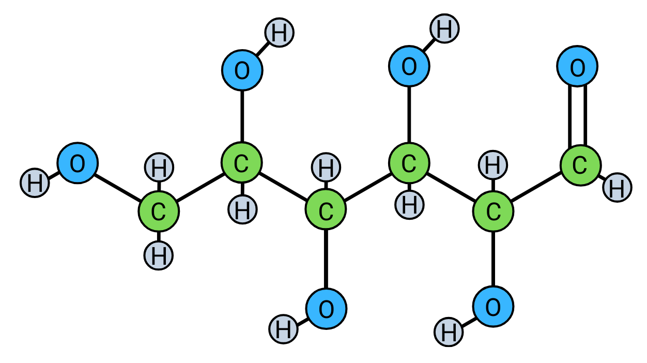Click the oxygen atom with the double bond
point(577,67)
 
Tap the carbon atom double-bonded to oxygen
point(580,165)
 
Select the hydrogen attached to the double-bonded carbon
point(617,188)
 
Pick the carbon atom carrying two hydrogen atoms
point(159,211)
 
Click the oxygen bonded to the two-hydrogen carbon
point(77,163)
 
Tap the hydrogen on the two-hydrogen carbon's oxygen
point(35,183)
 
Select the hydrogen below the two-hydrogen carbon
point(159,255)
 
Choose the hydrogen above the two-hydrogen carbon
point(159,168)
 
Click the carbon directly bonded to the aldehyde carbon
point(493,211)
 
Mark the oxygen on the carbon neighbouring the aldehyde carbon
point(493,307)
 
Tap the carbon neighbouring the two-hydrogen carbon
point(241,164)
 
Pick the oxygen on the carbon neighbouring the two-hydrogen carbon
point(242,70)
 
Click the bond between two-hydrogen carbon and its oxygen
point(118,187)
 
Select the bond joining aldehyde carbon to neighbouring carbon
point(536,188)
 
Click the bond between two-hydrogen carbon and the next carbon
point(200,188)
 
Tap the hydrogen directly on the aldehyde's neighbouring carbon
point(493,165)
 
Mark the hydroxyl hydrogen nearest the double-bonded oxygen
point(444,29)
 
